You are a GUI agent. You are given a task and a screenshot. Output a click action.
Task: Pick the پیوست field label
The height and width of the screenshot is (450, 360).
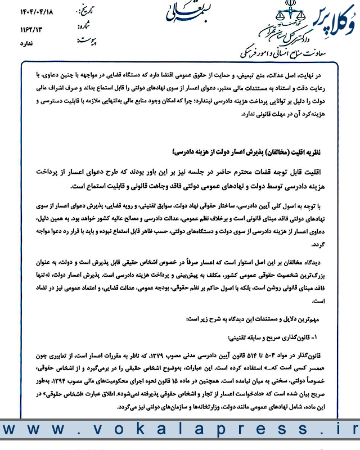[84, 41]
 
